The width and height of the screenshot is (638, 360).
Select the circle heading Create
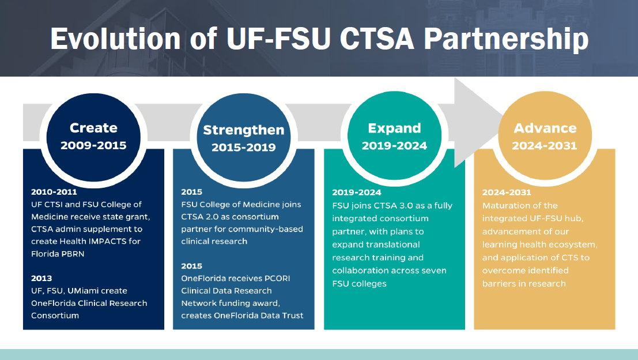coord(93,128)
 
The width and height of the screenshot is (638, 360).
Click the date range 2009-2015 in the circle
coord(93,145)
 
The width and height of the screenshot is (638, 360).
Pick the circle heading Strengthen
coord(244,130)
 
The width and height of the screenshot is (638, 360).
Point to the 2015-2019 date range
coord(244,147)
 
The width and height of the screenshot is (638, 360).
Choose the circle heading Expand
coord(395,128)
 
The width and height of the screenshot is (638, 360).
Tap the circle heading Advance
coord(545,128)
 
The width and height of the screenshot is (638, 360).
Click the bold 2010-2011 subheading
coord(54,192)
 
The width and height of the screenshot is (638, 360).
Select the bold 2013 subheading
coord(41,278)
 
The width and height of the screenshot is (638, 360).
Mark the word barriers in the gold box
coord(499,283)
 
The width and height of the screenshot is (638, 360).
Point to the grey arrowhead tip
coord(500,122)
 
